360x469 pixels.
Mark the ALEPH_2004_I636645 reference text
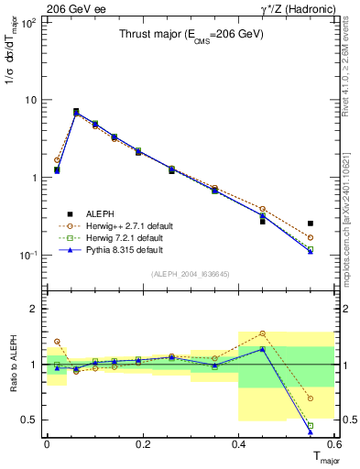(x=191, y=274)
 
